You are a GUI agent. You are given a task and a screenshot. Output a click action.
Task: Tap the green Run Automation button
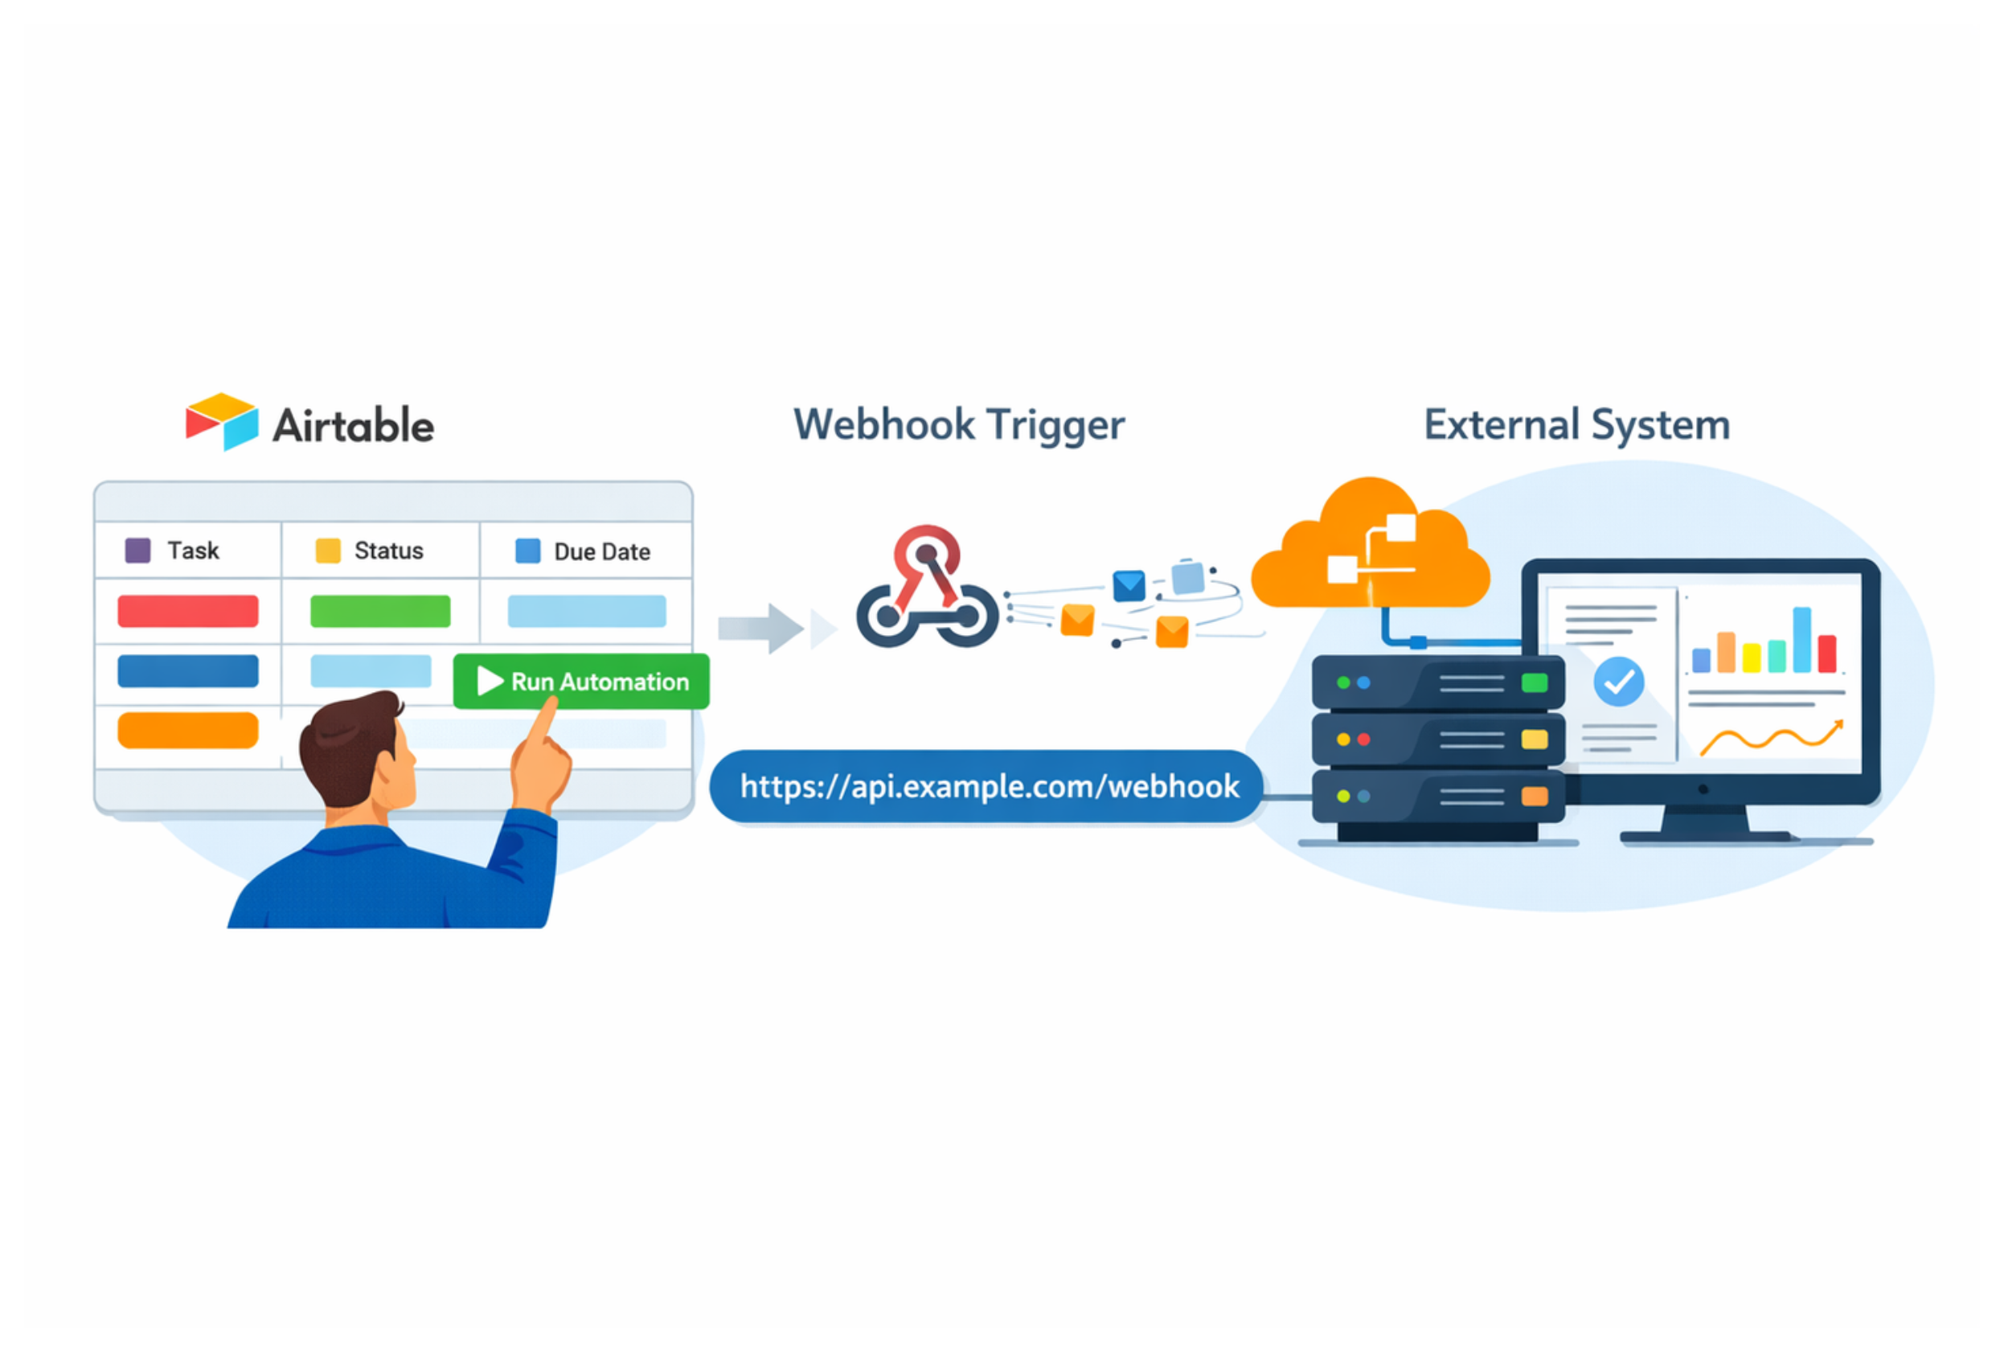[x=581, y=681]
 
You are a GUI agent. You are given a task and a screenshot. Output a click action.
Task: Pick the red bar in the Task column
[x=188, y=610]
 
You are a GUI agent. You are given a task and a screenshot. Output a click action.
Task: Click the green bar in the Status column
[x=380, y=610]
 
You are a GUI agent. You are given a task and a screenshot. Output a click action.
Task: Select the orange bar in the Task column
[x=188, y=731]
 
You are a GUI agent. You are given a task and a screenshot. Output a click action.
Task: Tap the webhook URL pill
[x=987, y=786]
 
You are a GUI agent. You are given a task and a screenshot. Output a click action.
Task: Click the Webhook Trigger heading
[x=959, y=424]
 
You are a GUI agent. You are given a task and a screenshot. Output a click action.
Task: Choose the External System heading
[x=1576, y=424]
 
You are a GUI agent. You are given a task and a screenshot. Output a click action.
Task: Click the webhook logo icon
[x=927, y=591]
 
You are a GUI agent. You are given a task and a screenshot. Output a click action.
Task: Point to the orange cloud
[x=1369, y=552]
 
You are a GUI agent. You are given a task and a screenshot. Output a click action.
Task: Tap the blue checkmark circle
[x=1618, y=681]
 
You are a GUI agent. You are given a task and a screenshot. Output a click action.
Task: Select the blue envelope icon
[x=1129, y=585]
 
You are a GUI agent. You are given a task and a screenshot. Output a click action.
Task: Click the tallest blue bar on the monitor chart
[x=1801, y=639]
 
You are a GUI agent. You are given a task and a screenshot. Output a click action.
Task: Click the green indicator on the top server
[x=1534, y=683]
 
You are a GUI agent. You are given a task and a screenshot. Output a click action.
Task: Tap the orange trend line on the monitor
[x=1769, y=738]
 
